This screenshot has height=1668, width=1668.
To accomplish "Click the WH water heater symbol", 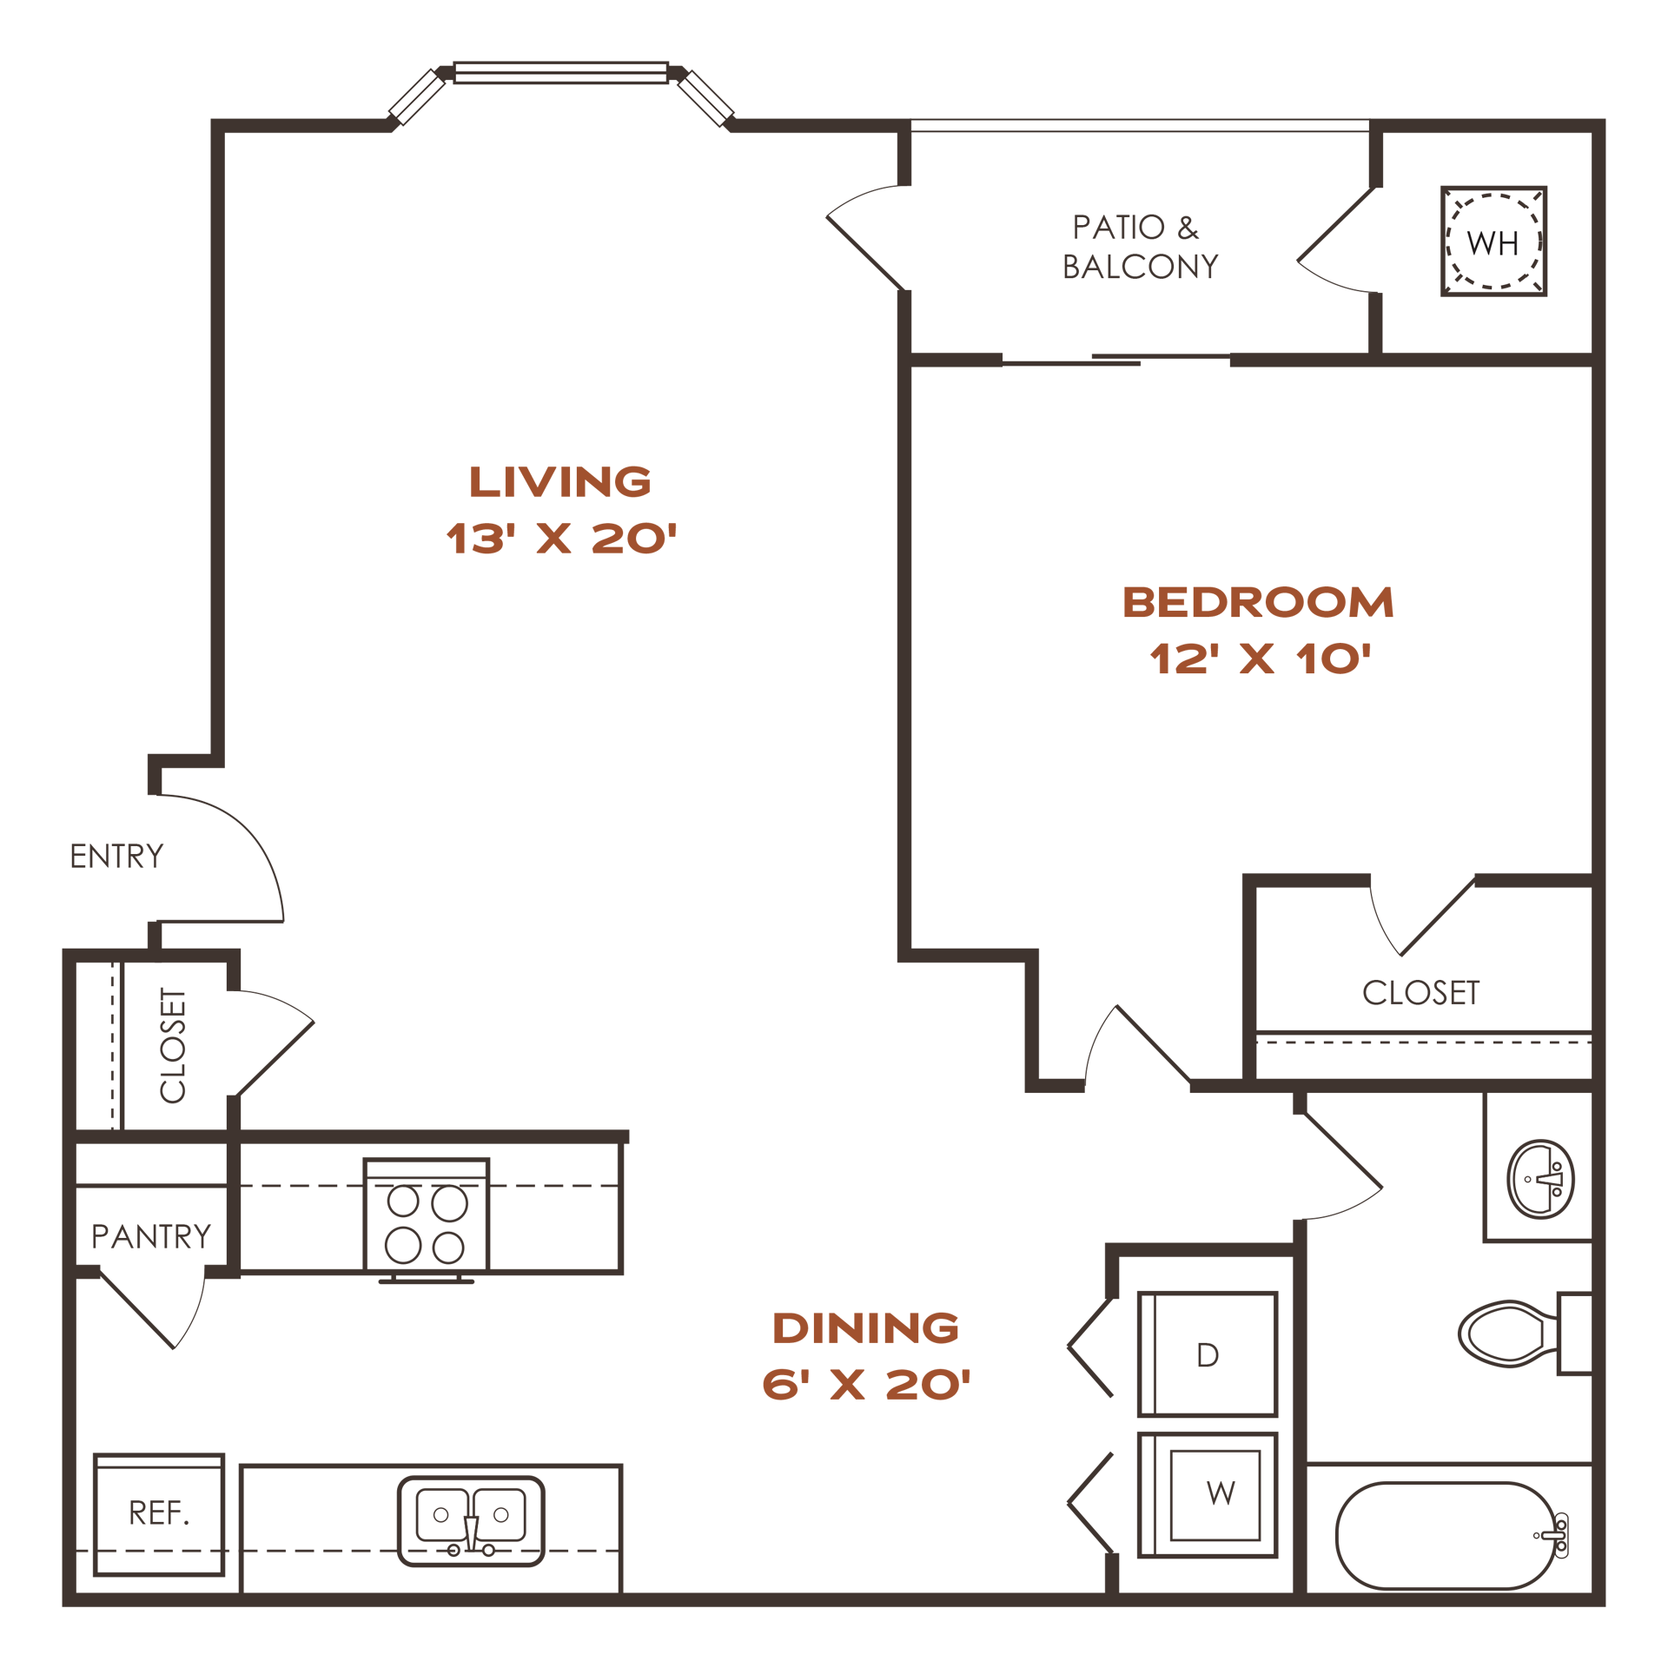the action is pos(1493,242).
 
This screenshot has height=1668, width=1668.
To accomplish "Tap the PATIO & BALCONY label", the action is pos(1140,248).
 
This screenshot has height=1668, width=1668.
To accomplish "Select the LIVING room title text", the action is pos(559,481).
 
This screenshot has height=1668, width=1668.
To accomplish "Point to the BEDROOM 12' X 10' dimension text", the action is pos(1259,659).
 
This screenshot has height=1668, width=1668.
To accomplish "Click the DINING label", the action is pos(865,1327).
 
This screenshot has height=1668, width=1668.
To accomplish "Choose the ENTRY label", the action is pos(116,857).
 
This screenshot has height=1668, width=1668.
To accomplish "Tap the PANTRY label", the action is pos(151,1236).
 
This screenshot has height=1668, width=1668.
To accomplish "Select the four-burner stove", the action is pos(427,1219).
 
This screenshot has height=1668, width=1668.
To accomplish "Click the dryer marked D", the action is pos(1208,1354).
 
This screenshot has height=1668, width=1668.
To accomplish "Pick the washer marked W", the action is pos(1208,1494).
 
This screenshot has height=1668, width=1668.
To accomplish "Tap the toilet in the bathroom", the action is pos(1525,1334).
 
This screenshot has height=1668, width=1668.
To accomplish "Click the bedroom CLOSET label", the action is pos(1420,993).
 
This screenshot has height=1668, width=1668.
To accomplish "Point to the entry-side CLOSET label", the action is pos(173,1045).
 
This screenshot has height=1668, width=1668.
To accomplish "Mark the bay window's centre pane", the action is pos(560,72).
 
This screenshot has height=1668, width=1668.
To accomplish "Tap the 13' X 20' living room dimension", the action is pos(560,539).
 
